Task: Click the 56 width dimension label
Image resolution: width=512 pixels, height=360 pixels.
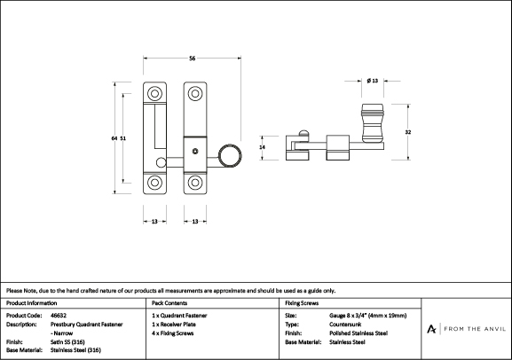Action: (192, 59)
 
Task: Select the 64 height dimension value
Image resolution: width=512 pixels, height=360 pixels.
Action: (114, 138)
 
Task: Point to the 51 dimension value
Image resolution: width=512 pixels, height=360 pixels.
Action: (122, 138)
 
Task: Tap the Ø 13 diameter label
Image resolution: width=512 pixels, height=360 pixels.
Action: (373, 81)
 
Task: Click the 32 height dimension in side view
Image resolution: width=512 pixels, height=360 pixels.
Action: (408, 132)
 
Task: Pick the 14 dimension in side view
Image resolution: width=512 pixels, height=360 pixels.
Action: (262, 147)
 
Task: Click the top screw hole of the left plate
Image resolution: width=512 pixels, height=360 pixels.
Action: (154, 94)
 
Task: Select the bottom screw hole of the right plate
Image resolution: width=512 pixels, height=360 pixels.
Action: (195, 183)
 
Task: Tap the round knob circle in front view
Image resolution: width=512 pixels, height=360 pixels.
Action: (230, 155)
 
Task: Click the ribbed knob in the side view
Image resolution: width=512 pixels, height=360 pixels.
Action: (373, 123)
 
